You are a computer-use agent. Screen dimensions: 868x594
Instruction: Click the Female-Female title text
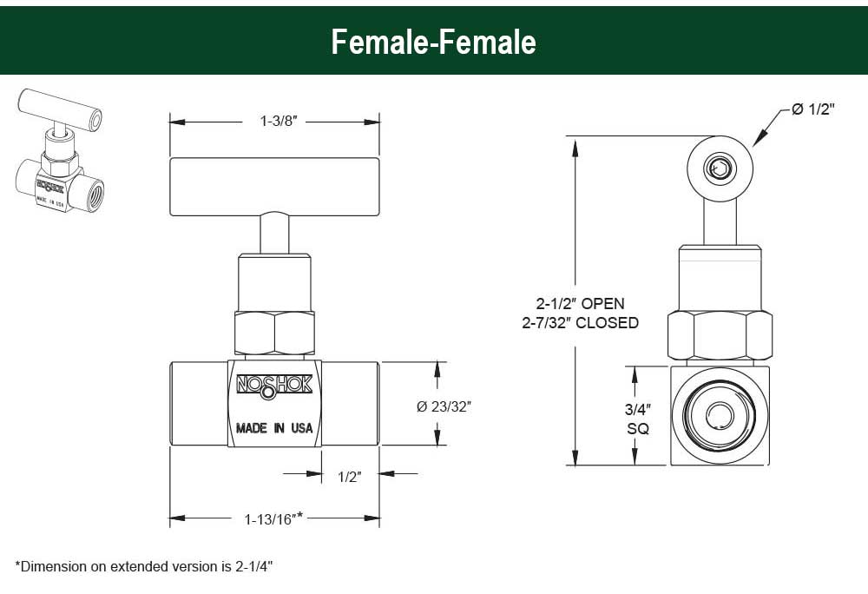pyautogui.click(x=433, y=42)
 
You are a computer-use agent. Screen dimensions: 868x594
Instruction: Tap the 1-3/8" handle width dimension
pyautogui.click(x=279, y=121)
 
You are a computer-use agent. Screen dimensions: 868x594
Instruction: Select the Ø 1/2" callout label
pyautogui.click(x=812, y=109)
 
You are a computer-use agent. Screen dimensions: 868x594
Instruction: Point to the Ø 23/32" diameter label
pyautogui.click(x=444, y=406)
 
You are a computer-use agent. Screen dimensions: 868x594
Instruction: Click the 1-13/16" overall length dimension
pyautogui.click(x=273, y=518)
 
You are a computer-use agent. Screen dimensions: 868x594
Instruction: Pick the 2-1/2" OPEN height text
pyautogui.click(x=580, y=303)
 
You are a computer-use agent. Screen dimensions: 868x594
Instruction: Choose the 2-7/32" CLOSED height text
pyautogui.click(x=580, y=322)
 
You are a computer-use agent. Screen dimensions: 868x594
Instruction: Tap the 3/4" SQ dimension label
pyautogui.click(x=638, y=419)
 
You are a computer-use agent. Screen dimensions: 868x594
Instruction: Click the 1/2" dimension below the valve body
pyautogui.click(x=349, y=477)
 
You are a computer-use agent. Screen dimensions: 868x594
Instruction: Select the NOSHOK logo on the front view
pyautogui.click(x=274, y=386)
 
